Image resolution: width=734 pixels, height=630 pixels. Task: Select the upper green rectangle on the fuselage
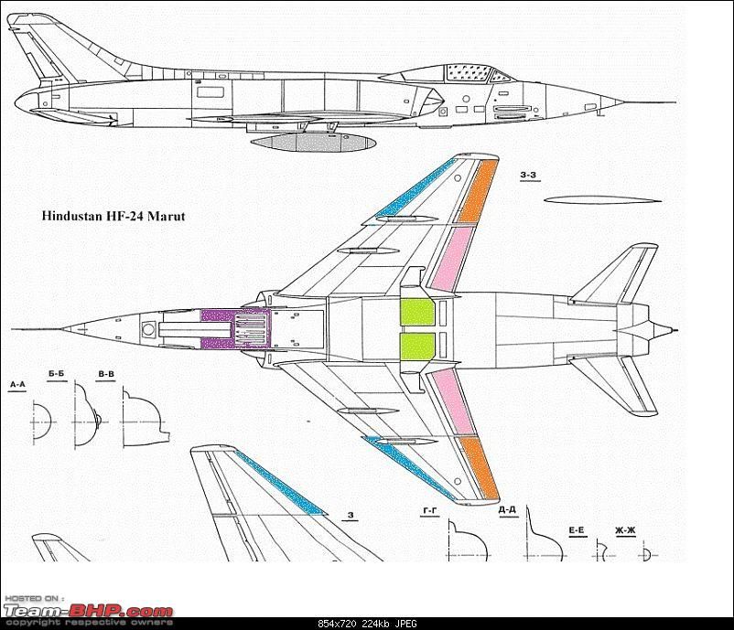click(416, 313)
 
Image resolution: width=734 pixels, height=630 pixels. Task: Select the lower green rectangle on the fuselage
click(416, 347)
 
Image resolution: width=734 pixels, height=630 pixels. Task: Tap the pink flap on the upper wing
click(456, 260)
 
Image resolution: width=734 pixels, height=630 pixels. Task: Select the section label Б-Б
click(57, 374)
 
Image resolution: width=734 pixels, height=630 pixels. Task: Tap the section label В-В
click(106, 374)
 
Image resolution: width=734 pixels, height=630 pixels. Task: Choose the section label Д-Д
click(508, 510)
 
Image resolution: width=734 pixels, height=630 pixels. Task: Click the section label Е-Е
click(577, 530)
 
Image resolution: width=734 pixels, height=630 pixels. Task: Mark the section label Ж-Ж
click(626, 530)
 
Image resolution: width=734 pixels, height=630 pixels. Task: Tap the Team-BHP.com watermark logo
click(87, 611)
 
